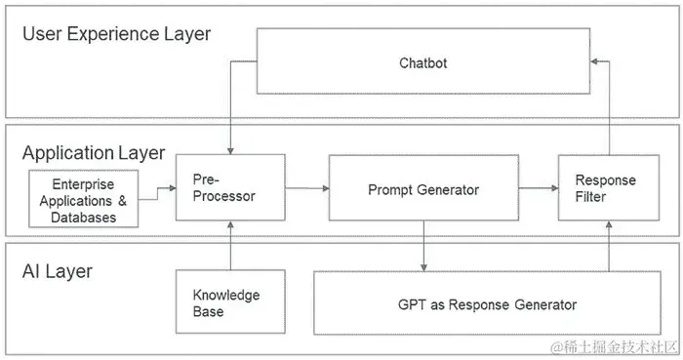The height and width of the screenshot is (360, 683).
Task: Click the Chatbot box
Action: click(x=422, y=60)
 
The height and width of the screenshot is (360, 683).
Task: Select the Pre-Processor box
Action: click(x=230, y=187)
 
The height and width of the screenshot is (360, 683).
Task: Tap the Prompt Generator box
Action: click(x=423, y=187)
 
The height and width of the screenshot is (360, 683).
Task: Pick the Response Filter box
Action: click(x=609, y=187)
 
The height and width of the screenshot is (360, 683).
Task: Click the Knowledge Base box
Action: click(x=230, y=301)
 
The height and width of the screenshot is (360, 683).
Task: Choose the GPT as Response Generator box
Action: click(x=487, y=303)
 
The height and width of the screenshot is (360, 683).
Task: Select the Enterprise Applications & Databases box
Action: click(x=83, y=198)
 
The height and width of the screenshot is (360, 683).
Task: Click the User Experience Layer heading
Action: click(x=116, y=34)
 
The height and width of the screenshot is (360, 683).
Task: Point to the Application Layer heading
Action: click(x=94, y=153)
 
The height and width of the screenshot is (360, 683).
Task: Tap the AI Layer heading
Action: click(x=57, y=271)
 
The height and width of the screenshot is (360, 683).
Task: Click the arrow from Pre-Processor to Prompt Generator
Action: click(x=307, y=188)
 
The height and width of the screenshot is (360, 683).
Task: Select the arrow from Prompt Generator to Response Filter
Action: click(x=539, y=188)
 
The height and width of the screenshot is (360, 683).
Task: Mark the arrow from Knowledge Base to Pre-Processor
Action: click(x=230, y=245)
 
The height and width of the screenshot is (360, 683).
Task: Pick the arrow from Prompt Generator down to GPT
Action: click(x=423, y=246)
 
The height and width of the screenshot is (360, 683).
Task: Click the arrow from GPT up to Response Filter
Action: click(x=609, y=246)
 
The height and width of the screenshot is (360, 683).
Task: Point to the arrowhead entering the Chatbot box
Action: click(x=593, y=61)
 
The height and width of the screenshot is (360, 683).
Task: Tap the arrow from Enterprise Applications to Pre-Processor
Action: click(x=157, y=194)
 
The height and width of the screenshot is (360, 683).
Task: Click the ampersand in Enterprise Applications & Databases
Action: click(x=122, y=201)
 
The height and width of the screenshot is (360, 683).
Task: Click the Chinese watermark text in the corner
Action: click(x=614, y=347)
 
